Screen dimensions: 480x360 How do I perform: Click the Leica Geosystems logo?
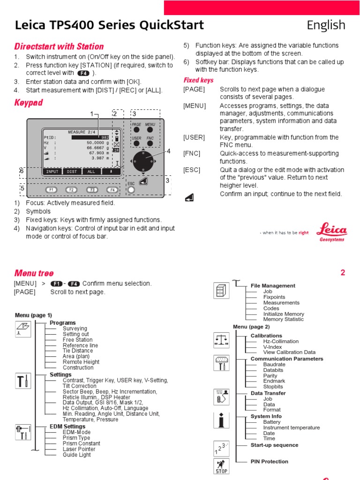tap(332, 232)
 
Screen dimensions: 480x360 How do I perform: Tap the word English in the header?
tap(326, 25)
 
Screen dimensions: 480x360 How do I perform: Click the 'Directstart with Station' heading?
tap(59, 46)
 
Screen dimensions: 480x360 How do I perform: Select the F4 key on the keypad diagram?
tap(112, 190)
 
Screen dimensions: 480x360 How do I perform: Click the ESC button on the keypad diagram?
tap(132, 190)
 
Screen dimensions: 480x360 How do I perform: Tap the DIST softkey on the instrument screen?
tap(72, 172)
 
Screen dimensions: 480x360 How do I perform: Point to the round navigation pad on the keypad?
tap(142, 161)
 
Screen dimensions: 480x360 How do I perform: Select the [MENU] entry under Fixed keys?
tap(195, 105)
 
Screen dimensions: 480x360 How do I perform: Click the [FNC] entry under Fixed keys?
tap(192, 153)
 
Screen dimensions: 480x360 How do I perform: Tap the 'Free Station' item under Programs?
tap(77, 340)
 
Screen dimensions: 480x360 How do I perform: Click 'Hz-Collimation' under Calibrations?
tap(281, 341)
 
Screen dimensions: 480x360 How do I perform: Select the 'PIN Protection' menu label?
tap(270, 462)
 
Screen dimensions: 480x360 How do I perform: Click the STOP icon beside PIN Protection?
tap(221, 467)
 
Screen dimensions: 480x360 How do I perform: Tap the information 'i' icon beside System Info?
tap(221, 420)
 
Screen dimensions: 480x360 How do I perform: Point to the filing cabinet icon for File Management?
tap(221, 291)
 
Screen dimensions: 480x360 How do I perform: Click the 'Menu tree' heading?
tap(34, 273)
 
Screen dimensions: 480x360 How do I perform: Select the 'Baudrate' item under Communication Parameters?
tap(274, 364)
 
